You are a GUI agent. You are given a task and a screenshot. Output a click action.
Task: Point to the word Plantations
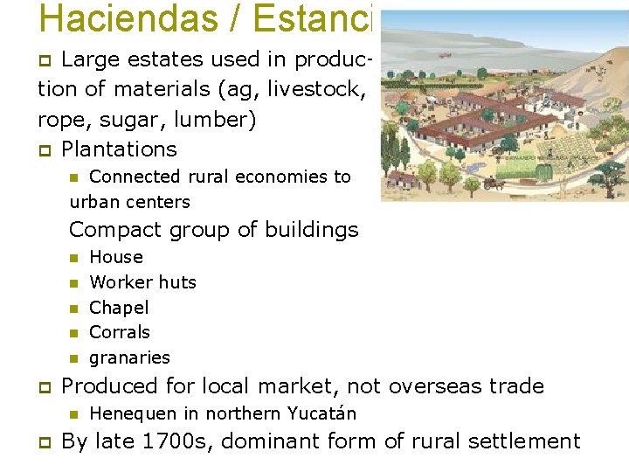tap(119, 149)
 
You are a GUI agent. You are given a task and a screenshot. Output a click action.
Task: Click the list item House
tap(116, 257)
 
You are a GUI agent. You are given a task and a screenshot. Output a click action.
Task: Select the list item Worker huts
tap(142, 282)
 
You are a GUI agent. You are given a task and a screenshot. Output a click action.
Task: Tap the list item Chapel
tap(119, 308)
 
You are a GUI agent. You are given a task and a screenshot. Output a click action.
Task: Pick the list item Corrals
tap(120, 332)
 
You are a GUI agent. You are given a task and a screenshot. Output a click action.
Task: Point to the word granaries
tap(129, 357)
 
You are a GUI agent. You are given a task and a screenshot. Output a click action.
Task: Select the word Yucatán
tap(323, 413)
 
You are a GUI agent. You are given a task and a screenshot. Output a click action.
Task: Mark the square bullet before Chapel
tap(73, 308)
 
